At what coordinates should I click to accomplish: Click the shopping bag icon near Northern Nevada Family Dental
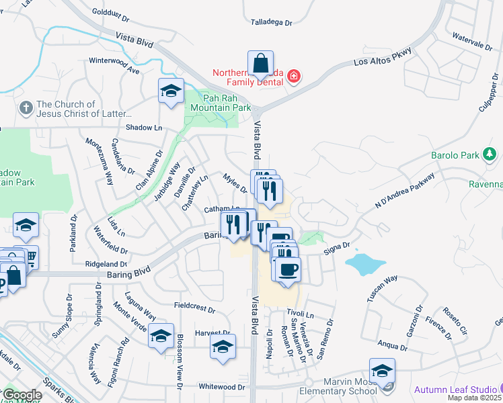[x=260, y=64]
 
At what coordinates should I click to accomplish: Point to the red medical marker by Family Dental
[x=293, y=77]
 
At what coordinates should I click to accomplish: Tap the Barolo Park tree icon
[x=490, y=156]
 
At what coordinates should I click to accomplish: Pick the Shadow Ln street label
[x=144, y=128]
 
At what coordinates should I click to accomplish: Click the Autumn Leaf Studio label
[x=455, y=390]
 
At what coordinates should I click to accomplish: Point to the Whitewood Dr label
[x=222, y=387]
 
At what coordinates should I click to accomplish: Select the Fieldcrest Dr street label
[x=194, y=310]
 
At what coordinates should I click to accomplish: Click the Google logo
[x=22, y=395]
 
